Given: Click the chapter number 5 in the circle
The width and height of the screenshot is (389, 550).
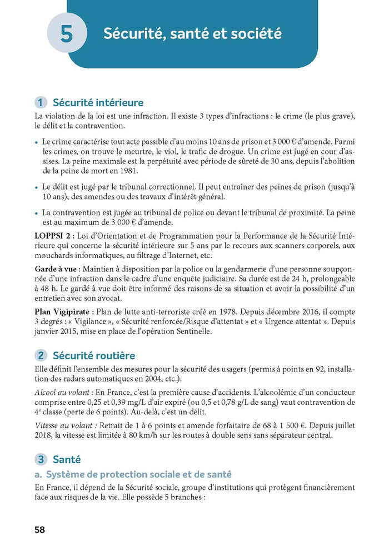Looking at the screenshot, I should (67, 34).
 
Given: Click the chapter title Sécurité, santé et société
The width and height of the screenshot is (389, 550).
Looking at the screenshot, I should (192, 34).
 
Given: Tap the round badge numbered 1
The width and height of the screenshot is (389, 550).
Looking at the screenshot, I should (41, 103).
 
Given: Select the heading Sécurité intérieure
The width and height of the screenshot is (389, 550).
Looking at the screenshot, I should (98, 103).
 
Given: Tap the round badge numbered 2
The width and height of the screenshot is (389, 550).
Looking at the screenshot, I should (41, 356).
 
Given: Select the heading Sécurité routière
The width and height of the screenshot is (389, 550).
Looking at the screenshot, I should (93, 356).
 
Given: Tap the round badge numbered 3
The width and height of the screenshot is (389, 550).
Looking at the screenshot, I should (41, 460).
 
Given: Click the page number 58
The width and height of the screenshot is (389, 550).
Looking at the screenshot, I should (39, 530).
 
